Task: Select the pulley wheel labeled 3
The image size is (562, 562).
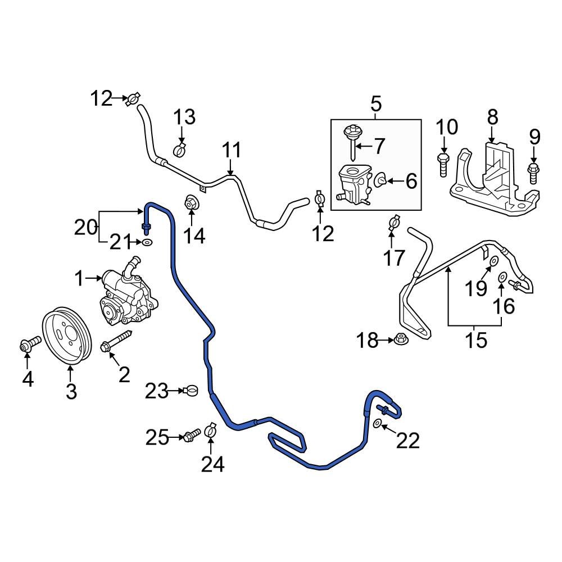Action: (67, 335)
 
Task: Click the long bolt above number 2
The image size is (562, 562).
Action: (115, 342)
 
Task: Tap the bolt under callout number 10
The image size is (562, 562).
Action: (443, 164)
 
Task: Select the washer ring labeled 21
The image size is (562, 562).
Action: (147, 242)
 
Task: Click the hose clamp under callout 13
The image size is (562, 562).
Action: (180, 150)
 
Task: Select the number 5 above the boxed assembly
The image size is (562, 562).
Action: (375, 104)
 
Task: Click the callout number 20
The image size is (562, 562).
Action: (86, 228)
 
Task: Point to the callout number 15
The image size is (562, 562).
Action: (476, 340)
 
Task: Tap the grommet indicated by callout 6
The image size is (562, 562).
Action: (380, 180)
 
